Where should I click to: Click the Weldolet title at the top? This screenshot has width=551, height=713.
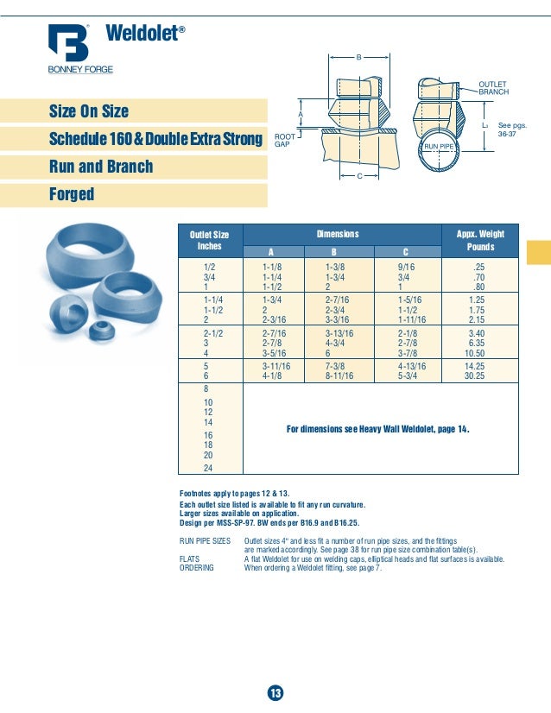(x=143, y=34)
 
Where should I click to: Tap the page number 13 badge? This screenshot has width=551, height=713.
(x=275, y=693)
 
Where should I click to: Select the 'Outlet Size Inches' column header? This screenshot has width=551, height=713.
(x=210, y=240)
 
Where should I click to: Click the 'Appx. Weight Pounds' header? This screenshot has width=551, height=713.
(x=480, y=240)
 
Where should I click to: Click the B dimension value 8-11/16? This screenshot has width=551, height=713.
(x=341, y=375)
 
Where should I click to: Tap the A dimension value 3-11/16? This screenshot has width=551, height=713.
(x=276, y=365)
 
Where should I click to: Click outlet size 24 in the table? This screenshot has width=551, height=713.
(x=208, y=468)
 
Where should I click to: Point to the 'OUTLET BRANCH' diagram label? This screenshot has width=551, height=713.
(x=493, y=87)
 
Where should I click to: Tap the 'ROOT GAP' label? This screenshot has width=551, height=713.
(x=284, y=140)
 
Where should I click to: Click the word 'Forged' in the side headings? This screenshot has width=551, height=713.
(x=72, y=195)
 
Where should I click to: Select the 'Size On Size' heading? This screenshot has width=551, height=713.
(x=89, y=111)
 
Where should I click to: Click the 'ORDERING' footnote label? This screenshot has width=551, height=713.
(x=199, y=567)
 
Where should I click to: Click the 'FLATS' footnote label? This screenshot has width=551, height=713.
(x=191, y=558)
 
